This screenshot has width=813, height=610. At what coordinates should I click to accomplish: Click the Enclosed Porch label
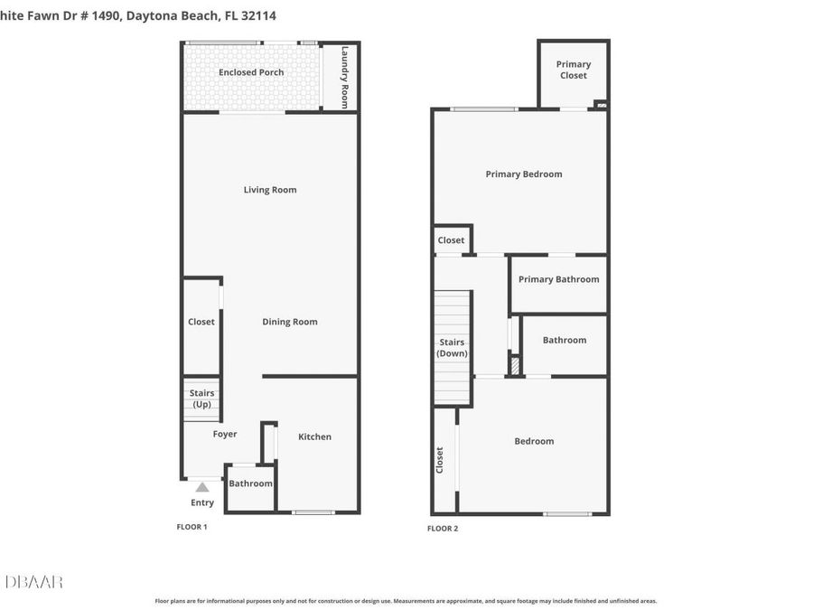251,72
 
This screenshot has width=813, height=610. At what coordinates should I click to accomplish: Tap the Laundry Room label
344,78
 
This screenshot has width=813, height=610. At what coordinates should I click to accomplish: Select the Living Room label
270,190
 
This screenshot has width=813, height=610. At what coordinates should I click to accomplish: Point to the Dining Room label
290,322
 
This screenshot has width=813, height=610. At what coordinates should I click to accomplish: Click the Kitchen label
315,436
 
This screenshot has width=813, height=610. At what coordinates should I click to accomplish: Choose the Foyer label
225,434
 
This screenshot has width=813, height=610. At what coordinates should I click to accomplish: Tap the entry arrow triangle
202,487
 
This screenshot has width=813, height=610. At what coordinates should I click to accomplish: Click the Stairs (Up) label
202,399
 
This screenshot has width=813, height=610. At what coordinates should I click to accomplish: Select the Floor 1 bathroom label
250,483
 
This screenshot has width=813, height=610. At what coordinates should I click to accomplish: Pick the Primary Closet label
574,70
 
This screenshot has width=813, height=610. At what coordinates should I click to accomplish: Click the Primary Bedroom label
524,174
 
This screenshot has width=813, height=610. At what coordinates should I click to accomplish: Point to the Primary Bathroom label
559,279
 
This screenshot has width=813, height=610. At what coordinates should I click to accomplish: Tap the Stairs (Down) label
453,348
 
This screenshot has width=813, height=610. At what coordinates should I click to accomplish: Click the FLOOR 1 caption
192,527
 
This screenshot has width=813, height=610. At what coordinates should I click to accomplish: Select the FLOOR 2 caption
443,529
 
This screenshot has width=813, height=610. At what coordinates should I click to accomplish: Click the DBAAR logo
34,581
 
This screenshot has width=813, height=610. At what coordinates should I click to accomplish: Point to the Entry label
202,503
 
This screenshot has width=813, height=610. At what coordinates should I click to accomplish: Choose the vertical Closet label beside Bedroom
440,460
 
